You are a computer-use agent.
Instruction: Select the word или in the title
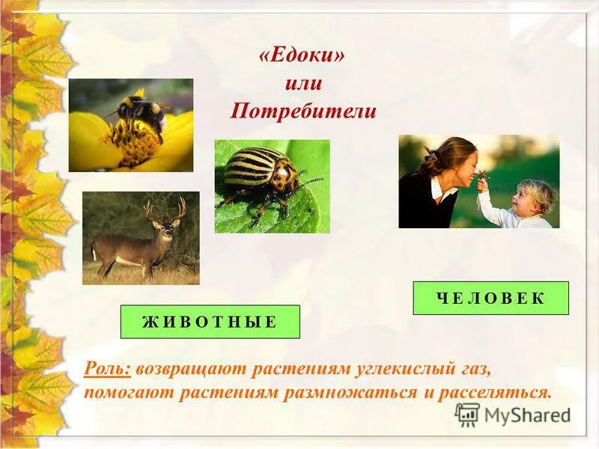(x=302, y=85)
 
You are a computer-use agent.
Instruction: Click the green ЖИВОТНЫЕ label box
(x=210, y=322)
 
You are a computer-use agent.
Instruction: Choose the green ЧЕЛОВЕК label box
(x=490, y=298)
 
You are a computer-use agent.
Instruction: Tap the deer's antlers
(x=165, y=209)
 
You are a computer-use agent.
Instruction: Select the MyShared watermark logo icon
(x=467, y=415)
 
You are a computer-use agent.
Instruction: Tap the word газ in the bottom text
(x=473, y=368)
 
